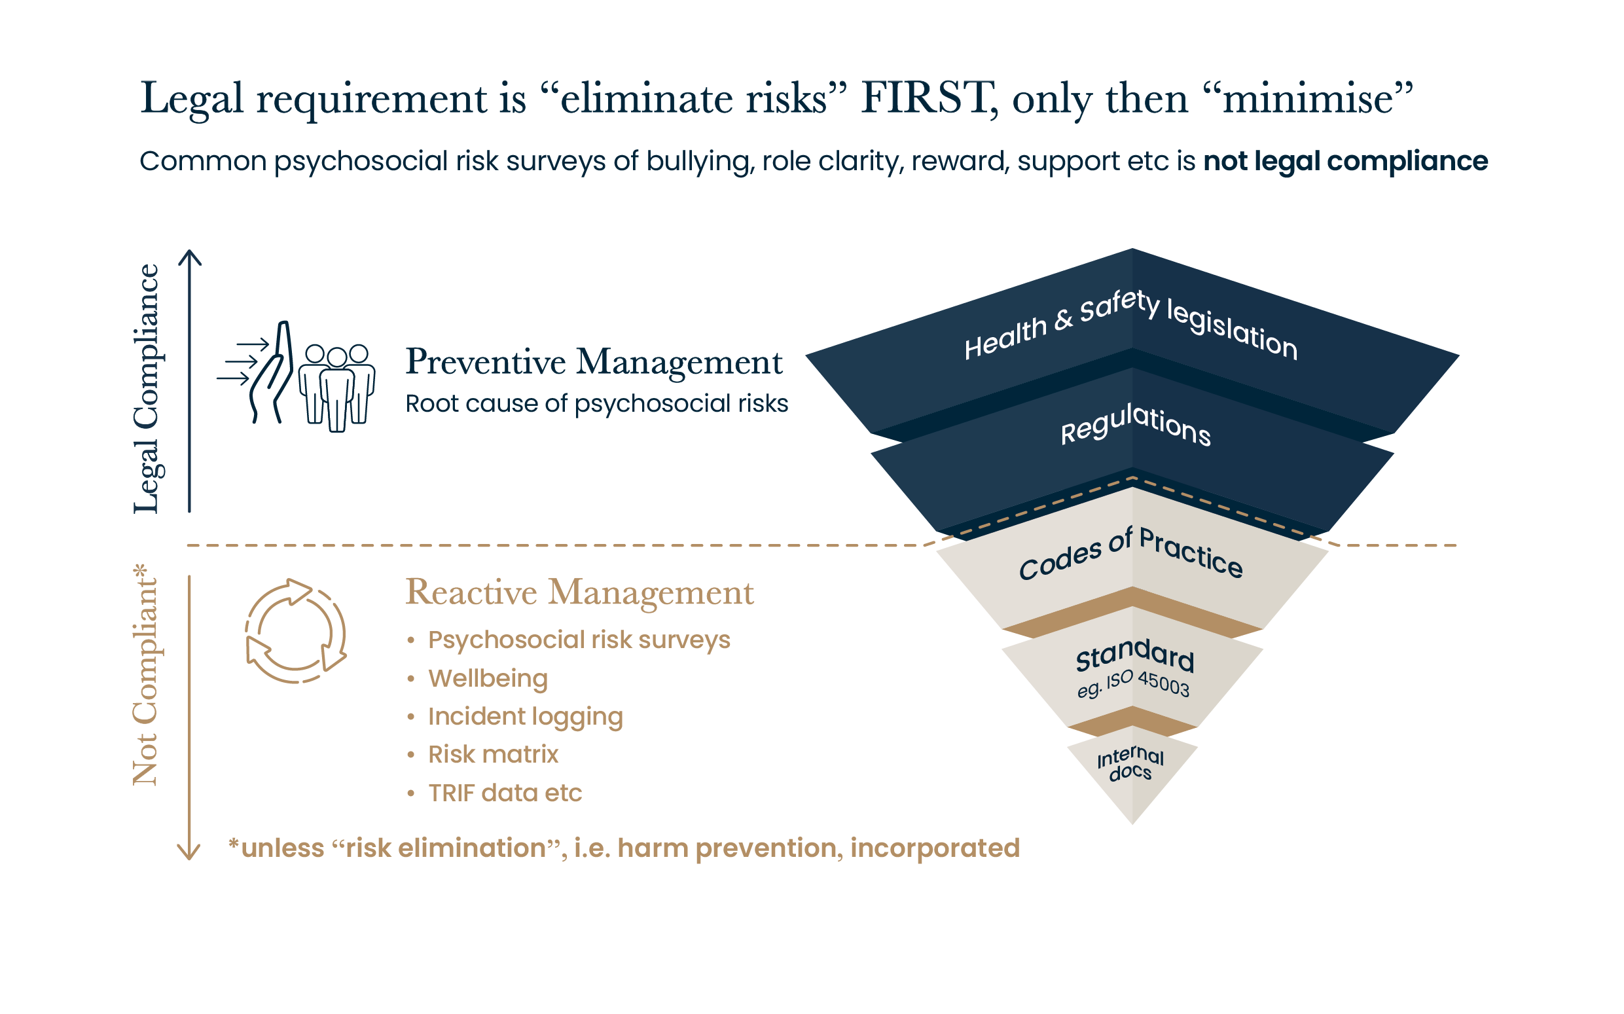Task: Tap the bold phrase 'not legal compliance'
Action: pyautogui.click(x=1345, y=161)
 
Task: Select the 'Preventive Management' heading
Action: pyautogui.click(x=594, y=362)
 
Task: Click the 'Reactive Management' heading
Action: pyautogui.click(x=579, y=593)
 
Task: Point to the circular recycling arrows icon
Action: pyautogui.click(x=296, y=631)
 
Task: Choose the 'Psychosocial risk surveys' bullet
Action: pyautogui.click(x=579, y=640)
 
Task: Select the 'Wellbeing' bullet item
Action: pyautogui.click(x=488, y=678)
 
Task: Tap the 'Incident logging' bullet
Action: pyautogui.click(x=525, y=716)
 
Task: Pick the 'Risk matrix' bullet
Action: pyautogui.click(x=493, y=755)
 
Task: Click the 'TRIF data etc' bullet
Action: pyautogui.click(x=504, y=793)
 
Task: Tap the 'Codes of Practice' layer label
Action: pyautogui.click(x=1130, y=553)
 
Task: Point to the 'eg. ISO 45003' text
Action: pyautogui.click(x=1133, y=685)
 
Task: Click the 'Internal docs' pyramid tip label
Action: pyautogui.click(x=1130, y=764)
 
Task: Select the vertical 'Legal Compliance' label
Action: pyautogui.click(x=146, y=389)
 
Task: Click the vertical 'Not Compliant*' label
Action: pyautogui.click(x=145, y=674)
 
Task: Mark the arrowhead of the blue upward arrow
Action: pyautogui.click(x=190, y=255)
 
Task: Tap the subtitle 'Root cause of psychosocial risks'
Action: pyautogui.click(x=597, y=404)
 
